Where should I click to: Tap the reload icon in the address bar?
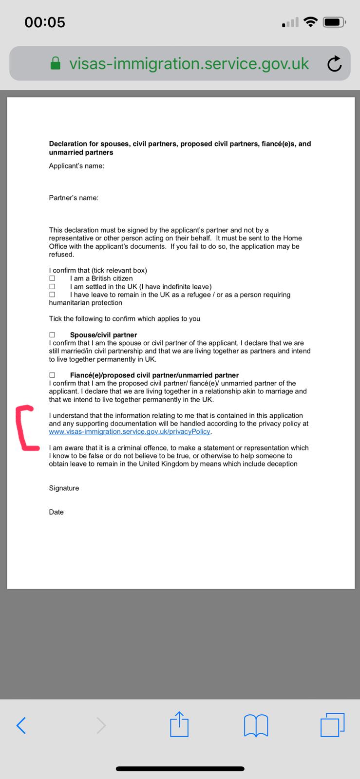tap(334, 64)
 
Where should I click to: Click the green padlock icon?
tap(56, 64)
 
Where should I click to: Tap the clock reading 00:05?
tap(45, 22)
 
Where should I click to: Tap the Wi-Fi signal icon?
tap(310, 22)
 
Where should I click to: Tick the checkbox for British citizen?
tap(52, 278)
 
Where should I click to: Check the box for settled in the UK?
tap(52, 287)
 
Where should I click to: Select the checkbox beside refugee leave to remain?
tap(52, 295)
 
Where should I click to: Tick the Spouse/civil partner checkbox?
tap(52, 335)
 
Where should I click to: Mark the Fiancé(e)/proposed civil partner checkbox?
tap(52, 375)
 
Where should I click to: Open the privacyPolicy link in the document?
tap(130, 432)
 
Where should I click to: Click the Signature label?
tap(64, 488)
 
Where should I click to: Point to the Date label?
tap(56, 512)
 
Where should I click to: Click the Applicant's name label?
tap(76, 166)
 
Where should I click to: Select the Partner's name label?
tap(74, 198)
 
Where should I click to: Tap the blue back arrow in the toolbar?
tap(21, 725)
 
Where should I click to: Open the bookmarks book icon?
tap(256, 725)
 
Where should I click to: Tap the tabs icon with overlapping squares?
tap(332, 724)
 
